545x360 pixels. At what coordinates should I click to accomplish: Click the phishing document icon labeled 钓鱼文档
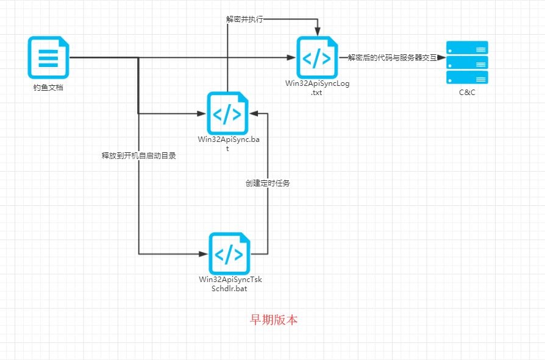click(48, 58)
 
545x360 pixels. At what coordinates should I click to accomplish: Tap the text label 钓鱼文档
click(48, 88)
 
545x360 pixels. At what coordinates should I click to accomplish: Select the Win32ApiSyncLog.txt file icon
click(317, 58)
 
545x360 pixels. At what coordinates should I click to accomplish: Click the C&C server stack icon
click(467, 62)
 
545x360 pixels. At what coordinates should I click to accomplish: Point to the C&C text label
click(467, 92)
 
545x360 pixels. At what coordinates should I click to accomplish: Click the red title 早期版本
click(274, 319)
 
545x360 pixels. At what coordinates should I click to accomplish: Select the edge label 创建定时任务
click(267, 183)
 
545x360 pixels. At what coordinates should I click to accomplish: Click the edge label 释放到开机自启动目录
click(143, 155)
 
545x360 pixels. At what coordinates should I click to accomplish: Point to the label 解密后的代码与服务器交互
click(392, 58)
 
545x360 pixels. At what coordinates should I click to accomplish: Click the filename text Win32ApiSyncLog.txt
click(317, 88)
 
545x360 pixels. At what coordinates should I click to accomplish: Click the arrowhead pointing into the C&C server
click(442, 58)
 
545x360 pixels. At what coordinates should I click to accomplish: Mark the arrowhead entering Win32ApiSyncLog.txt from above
click(317, 32)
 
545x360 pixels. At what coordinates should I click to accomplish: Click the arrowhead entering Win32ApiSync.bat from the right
click(253, 113)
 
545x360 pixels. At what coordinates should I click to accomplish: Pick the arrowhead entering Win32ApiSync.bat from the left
click(203, 113)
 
